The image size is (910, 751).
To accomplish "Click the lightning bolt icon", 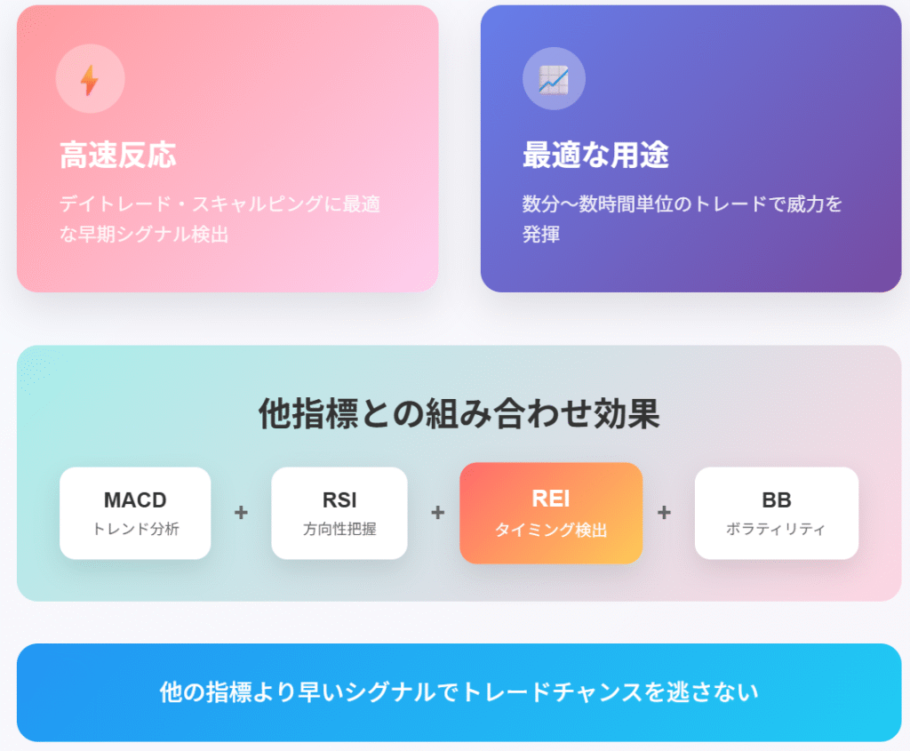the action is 90,79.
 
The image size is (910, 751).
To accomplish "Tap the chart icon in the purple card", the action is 554,79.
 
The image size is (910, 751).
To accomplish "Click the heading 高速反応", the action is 118,155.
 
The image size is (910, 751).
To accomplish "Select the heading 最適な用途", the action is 595,155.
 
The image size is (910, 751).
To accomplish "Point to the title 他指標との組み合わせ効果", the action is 459,414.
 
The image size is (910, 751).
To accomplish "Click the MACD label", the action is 135,499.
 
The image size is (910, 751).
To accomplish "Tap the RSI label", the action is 339,499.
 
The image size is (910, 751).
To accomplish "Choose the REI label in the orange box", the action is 551,499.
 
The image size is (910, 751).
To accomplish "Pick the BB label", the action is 777,499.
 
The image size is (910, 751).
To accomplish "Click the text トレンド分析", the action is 136,529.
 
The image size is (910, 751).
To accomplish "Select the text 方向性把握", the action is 339,529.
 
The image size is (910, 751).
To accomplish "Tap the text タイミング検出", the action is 551,530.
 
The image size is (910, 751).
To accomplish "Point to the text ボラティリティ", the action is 776,529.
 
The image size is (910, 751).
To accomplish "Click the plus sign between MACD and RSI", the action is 241,513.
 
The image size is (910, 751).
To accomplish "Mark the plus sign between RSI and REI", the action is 438,513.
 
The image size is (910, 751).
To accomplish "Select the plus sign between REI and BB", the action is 664,513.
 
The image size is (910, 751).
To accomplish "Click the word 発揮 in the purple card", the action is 541,234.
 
